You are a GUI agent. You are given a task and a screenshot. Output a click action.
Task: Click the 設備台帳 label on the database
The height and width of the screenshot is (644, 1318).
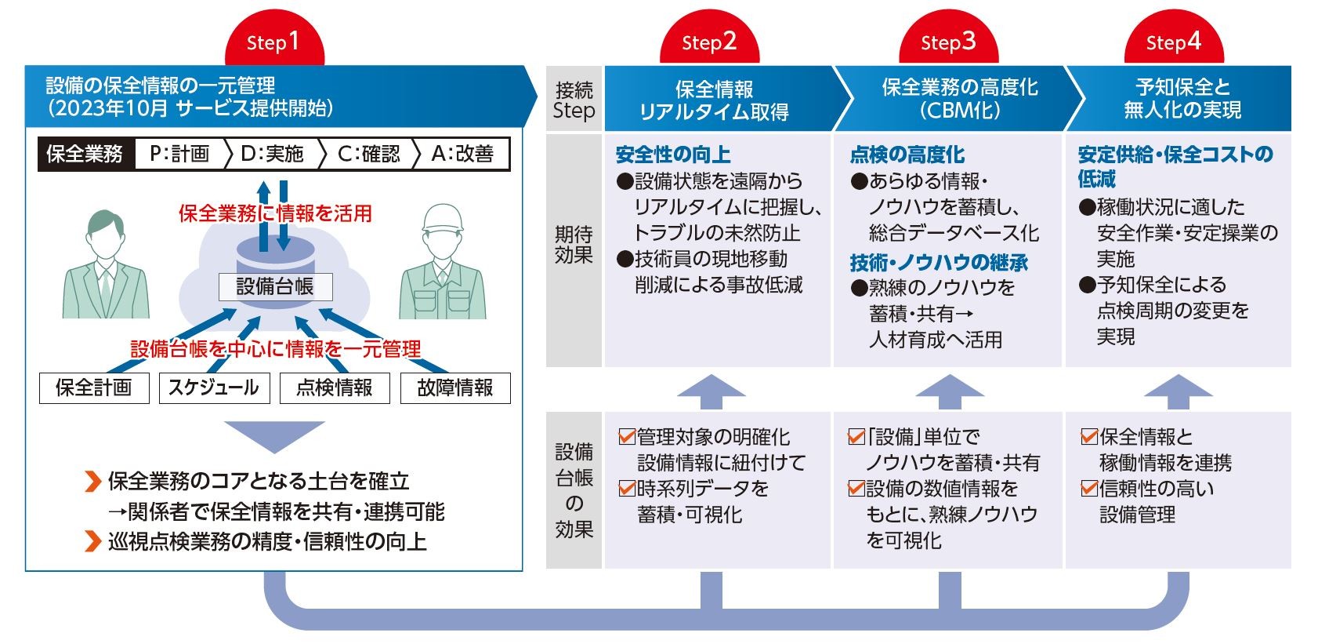pyautogui.click(x=275, y=286)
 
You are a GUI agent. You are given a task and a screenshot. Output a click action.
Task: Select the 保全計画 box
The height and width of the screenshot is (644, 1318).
pyautogui.click(x=94, y=387)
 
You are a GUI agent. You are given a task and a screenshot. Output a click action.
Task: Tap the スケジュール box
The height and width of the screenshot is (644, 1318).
pyautogui.click(x=214, y=387)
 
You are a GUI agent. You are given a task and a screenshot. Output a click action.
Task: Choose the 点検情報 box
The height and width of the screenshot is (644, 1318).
pyautogui.click(x=335, y=387)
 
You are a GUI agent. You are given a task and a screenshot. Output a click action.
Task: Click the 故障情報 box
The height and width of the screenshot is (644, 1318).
pyautogui.click(x=455, y=387)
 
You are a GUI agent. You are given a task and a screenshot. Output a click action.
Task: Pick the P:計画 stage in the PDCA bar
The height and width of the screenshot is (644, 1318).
pyautogui.click(x=180, y=154)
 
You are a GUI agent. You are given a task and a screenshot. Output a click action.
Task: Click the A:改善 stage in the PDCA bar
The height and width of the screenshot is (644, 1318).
pyautogui.click(x=462, y=154)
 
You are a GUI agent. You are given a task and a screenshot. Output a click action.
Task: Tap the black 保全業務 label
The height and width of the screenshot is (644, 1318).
pyautogui.click(x=85, y=154)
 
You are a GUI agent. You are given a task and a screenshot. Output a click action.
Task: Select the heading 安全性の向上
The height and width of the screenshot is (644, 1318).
pyautogui.click(x=673, y=155)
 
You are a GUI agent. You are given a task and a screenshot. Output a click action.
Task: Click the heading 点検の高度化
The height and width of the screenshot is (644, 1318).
pyautogui.click(x=907, y=155)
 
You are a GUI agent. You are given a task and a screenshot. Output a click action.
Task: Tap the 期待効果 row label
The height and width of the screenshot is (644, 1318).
pyautogui.click(x=574, y=245)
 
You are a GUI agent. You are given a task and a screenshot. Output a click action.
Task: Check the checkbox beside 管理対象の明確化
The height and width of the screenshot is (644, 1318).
pyautogui.click(x=627, y=436)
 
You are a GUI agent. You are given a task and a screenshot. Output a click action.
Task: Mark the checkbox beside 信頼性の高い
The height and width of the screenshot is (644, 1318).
pyautogui.click(x=1089, y=488)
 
